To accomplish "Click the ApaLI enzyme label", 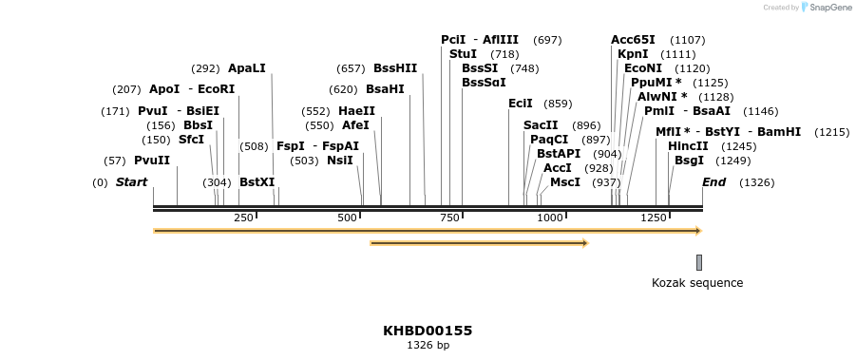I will coord(247,68).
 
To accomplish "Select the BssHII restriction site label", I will coord(395,68).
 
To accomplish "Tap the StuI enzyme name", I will coord(463,54).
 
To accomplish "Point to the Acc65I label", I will coord(633,40).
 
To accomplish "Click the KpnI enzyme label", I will coord(633,54).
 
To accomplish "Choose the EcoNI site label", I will coord(643,68).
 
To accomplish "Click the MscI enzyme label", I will coord(565,182).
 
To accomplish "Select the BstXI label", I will coord(257,182).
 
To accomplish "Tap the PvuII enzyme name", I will coord(152,161).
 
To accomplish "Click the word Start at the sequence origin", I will coord(131,182).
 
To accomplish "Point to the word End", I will coord(713,182).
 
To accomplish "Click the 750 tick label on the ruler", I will coord(448,218).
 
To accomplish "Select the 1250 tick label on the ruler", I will coord(654,218).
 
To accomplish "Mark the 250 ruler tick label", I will coord(243,218).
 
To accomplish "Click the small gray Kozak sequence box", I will coord(699,262).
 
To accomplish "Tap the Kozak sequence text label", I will coord(697,283).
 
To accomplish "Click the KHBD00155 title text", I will coord(428,331).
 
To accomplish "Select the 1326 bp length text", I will coord(428,345).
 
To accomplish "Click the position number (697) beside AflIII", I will coord(547,40).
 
